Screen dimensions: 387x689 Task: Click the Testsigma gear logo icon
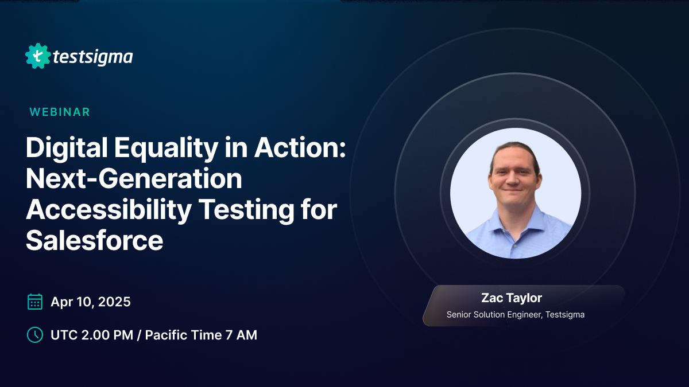pyautogui.click(x=38, y=56)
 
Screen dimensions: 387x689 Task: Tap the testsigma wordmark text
pyautogui.click(x=92, y=57)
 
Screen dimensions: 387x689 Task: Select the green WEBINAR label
pyautogui.click(x=60, y=112)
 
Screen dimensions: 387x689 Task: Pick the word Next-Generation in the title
pyautogui.click(x=134, y=180)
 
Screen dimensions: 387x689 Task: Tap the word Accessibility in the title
pyautogui.click(x=109, y=210)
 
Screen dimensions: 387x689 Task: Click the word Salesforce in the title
pyautogui.click(x=95, y=241)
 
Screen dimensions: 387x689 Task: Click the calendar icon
pyautogui.click(x=35, y=302)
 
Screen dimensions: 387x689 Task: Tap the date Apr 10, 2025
pyautogui.click(x=91, y=302)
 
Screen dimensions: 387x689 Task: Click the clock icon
pyautogui.click(x=35, y=335)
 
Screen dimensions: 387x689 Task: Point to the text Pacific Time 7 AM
pyautogui.click(x=201, y=335)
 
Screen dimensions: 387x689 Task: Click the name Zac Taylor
pyautogui.click(x=512, y=298)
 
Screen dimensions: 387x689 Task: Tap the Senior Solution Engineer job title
pyautogui.click(x=516, y=314)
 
